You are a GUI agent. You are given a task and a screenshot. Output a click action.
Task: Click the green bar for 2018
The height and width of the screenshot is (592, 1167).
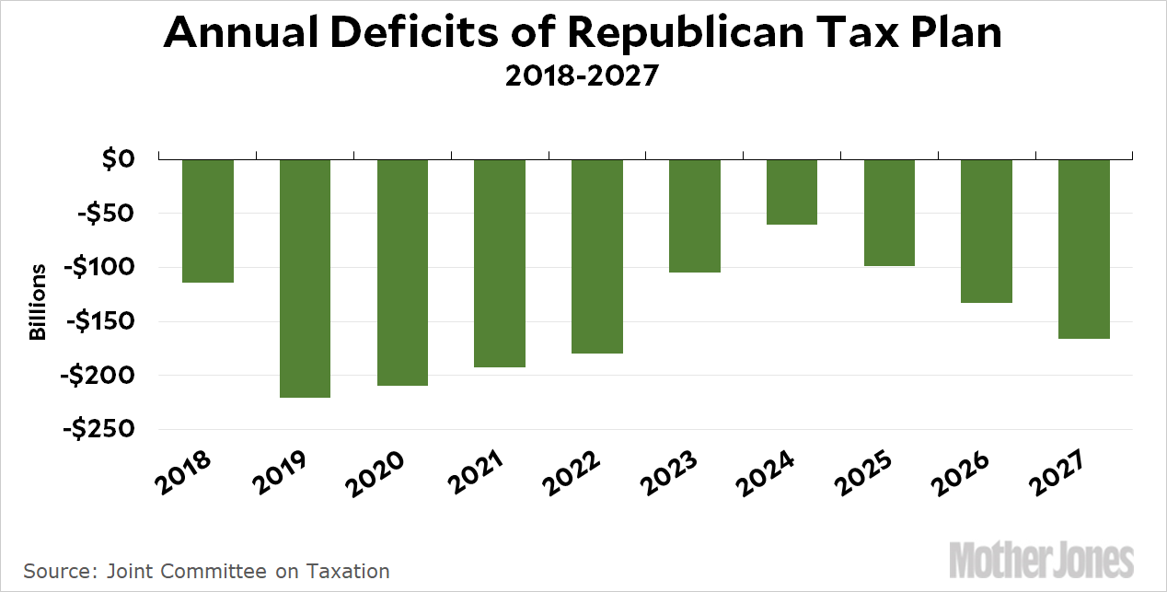207,221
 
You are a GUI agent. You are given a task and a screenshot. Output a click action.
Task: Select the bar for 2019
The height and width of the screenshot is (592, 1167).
305,278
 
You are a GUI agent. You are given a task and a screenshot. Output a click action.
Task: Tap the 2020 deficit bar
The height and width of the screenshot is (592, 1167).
402,273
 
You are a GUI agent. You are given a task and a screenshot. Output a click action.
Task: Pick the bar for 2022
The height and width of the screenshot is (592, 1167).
597,256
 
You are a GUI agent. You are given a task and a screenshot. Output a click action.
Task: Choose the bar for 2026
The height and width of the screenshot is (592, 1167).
987,231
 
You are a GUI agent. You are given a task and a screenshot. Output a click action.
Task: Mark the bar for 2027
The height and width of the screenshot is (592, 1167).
1084,249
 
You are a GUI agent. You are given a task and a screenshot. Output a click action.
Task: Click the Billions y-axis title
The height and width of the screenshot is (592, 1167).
38,302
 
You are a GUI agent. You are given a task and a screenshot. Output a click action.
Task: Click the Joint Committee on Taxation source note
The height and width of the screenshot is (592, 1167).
206,571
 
